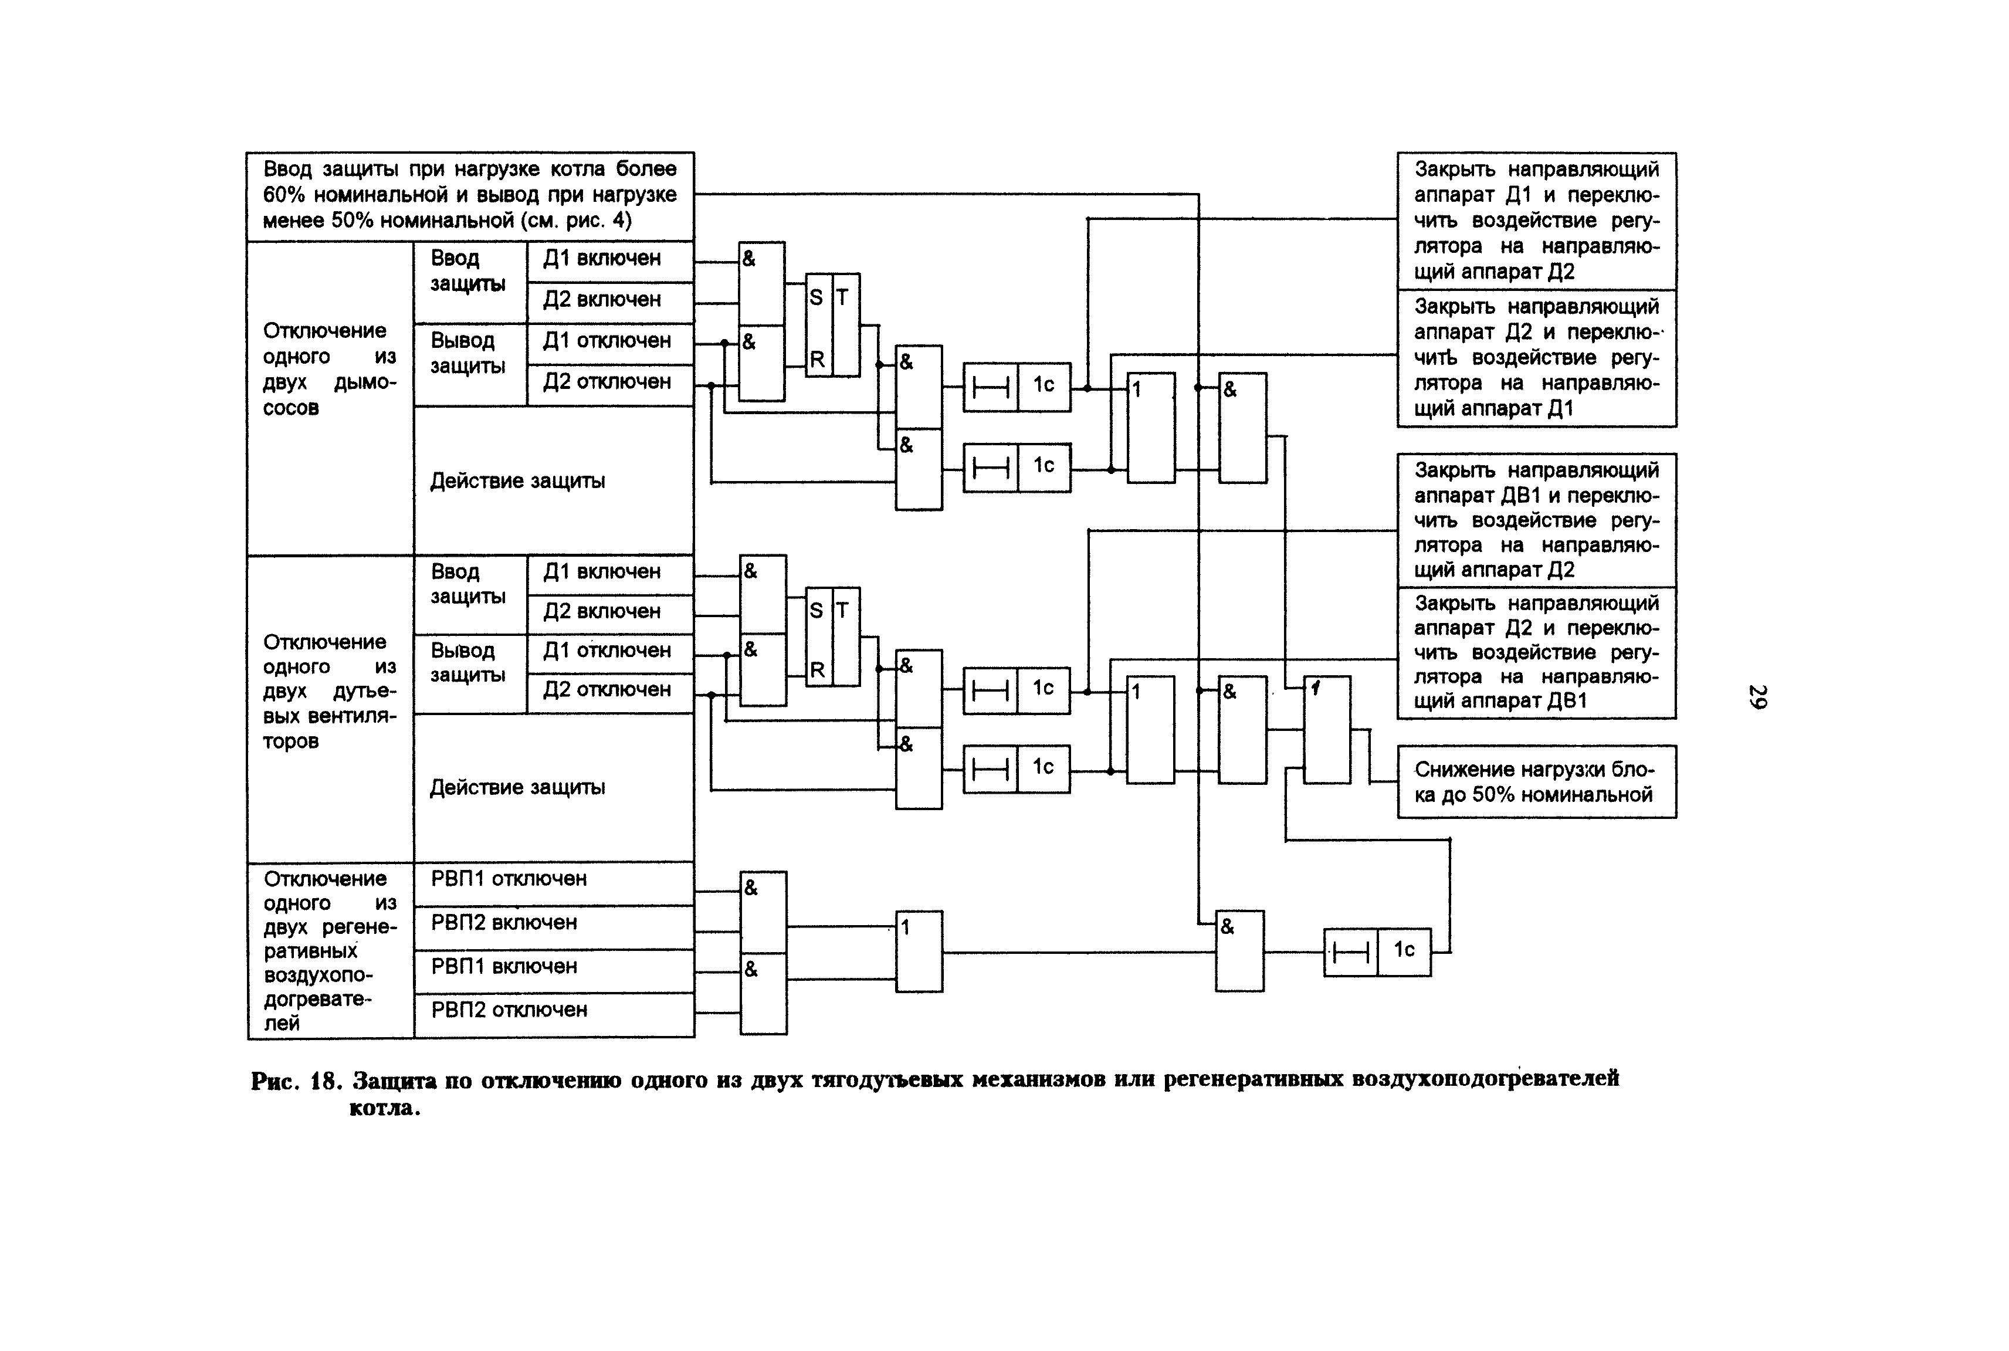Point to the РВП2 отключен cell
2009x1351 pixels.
[553, 1013]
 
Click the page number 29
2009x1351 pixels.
[1757, 696]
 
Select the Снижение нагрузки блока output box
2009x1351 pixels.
[1536, 781]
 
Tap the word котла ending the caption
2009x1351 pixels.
[384, 1108]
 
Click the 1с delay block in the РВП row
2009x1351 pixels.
[1377, 952]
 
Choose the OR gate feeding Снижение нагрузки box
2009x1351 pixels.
[1327, 729]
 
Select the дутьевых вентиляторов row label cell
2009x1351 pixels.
[330, 691]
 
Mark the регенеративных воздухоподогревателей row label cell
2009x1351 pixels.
[330, 950]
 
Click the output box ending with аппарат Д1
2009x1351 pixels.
[1536, 358]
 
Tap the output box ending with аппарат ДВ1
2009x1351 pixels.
[1536, 652]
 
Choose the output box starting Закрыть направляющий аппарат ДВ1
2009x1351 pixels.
[1536, 520]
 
